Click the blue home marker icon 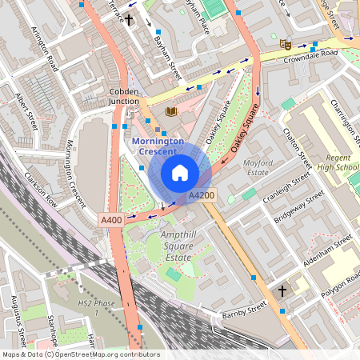(180, 173)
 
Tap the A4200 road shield (202, 195)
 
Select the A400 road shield (110, 219)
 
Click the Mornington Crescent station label (158, 146)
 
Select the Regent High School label (337, 162)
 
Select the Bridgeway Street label (301, 206)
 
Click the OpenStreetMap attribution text (80, 354)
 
